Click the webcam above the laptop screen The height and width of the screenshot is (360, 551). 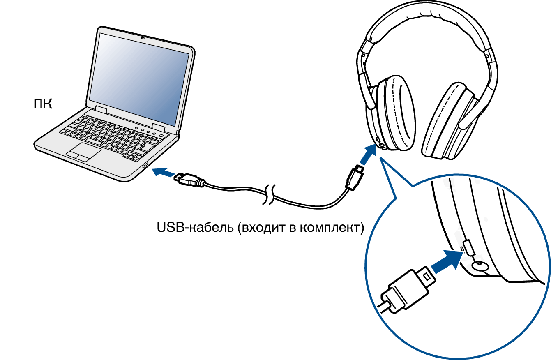click(x=143, y=38)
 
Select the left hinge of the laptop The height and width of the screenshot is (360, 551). click(x=101, y=110)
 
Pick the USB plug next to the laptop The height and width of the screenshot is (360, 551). click(x=188, y=180)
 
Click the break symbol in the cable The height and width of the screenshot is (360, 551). click(x=270, y=194)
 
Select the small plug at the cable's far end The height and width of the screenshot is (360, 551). click(x=354, y=178)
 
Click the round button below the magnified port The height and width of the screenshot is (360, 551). click(x=479, y=266)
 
